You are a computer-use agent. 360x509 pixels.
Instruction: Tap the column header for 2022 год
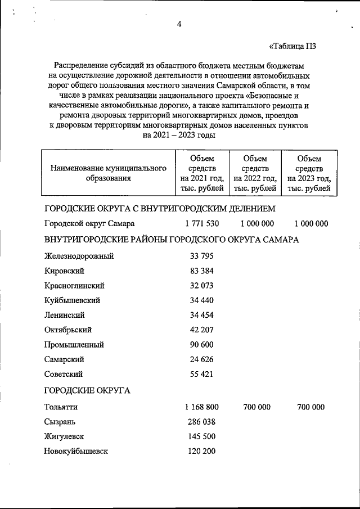tap(255, 173)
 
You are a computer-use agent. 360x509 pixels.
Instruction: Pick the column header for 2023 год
tap(309, 173)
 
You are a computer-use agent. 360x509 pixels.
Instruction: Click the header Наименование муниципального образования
tap(109, 173)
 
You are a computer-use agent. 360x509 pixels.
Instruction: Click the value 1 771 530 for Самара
tap(201, 223)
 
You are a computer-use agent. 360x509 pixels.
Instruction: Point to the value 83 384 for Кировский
tap(201, 271)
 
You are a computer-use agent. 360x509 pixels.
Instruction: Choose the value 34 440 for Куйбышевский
tap(201, 300)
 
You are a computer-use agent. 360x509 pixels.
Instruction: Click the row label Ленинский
tap(65, 315)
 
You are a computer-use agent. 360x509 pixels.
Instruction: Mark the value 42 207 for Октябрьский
tap(201, 330)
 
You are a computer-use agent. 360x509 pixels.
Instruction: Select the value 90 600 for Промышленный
tap(201, 344)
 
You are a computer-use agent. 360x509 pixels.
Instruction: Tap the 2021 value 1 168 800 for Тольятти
tap(201, 407)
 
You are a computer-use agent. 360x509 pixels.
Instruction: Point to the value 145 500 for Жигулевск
tap(201, 436)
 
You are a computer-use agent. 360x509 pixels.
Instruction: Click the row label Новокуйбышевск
tap(76, 451)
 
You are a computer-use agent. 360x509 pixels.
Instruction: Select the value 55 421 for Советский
tap(201, 373)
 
